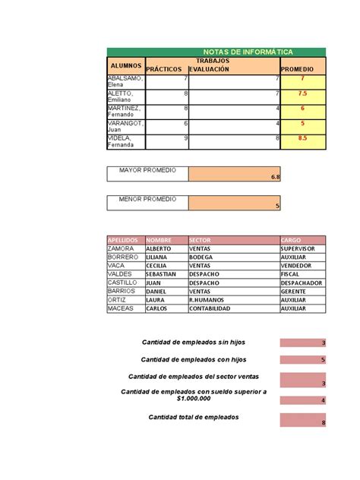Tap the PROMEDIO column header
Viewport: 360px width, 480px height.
point(302,69)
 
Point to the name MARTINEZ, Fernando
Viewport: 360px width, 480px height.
point(125,110)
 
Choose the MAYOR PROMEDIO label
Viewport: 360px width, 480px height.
point(147,170)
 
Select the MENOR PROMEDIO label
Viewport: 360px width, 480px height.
point(147,199)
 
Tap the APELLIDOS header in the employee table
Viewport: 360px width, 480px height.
point(125,239)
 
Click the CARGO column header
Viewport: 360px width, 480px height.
point(302,239)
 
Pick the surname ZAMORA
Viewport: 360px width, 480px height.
point(122,248)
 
